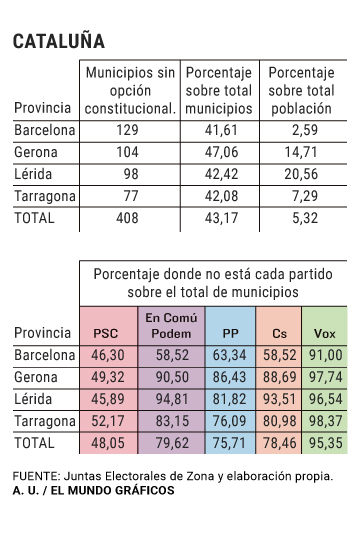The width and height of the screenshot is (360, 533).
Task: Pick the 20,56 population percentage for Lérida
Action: tap(300, 174)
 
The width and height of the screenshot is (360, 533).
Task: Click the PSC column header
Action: tap(104, 332)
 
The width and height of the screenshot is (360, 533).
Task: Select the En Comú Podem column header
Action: tap(166, 325)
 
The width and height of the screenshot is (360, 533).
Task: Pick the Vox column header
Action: tap(325, 332)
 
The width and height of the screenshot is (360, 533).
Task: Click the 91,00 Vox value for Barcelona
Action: tap(324, 354)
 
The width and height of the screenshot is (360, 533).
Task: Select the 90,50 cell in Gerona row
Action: tap(166, 376)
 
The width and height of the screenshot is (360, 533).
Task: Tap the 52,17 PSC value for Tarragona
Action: tap(104, 420)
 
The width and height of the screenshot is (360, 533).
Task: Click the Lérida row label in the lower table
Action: tap(38, 398)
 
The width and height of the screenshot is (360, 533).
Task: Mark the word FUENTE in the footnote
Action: tap(35, 476)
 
